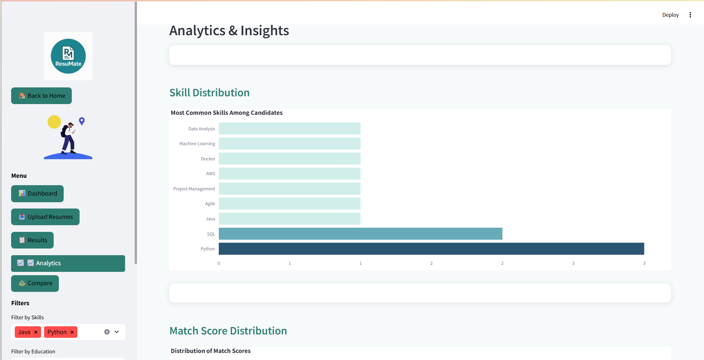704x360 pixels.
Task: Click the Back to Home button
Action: point(41,96)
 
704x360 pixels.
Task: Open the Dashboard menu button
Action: point(37,193)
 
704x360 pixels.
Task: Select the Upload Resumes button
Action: point(45,217)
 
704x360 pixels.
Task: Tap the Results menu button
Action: point(33,240)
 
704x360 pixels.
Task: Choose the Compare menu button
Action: point(35,283)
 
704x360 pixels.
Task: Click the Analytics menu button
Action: point(68,263)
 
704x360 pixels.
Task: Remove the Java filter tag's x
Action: point(36,332)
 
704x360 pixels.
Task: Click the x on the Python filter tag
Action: point(72,332)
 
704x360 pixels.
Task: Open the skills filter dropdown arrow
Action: point(117,332)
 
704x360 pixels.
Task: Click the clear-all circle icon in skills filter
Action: point(107,332)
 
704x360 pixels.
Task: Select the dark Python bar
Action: point(431,249)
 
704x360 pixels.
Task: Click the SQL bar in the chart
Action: point(360,234)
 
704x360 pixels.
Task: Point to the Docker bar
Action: point(289,159)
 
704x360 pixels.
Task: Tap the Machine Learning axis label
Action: point(197,144)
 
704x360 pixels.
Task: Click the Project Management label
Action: point(194,189)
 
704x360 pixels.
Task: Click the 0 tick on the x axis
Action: point(219,263)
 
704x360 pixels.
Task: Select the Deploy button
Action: point(670,15)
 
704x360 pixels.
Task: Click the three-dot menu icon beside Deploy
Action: point(690,15)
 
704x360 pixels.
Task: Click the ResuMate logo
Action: point(68,56)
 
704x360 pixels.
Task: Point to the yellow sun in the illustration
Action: point(54,122)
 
